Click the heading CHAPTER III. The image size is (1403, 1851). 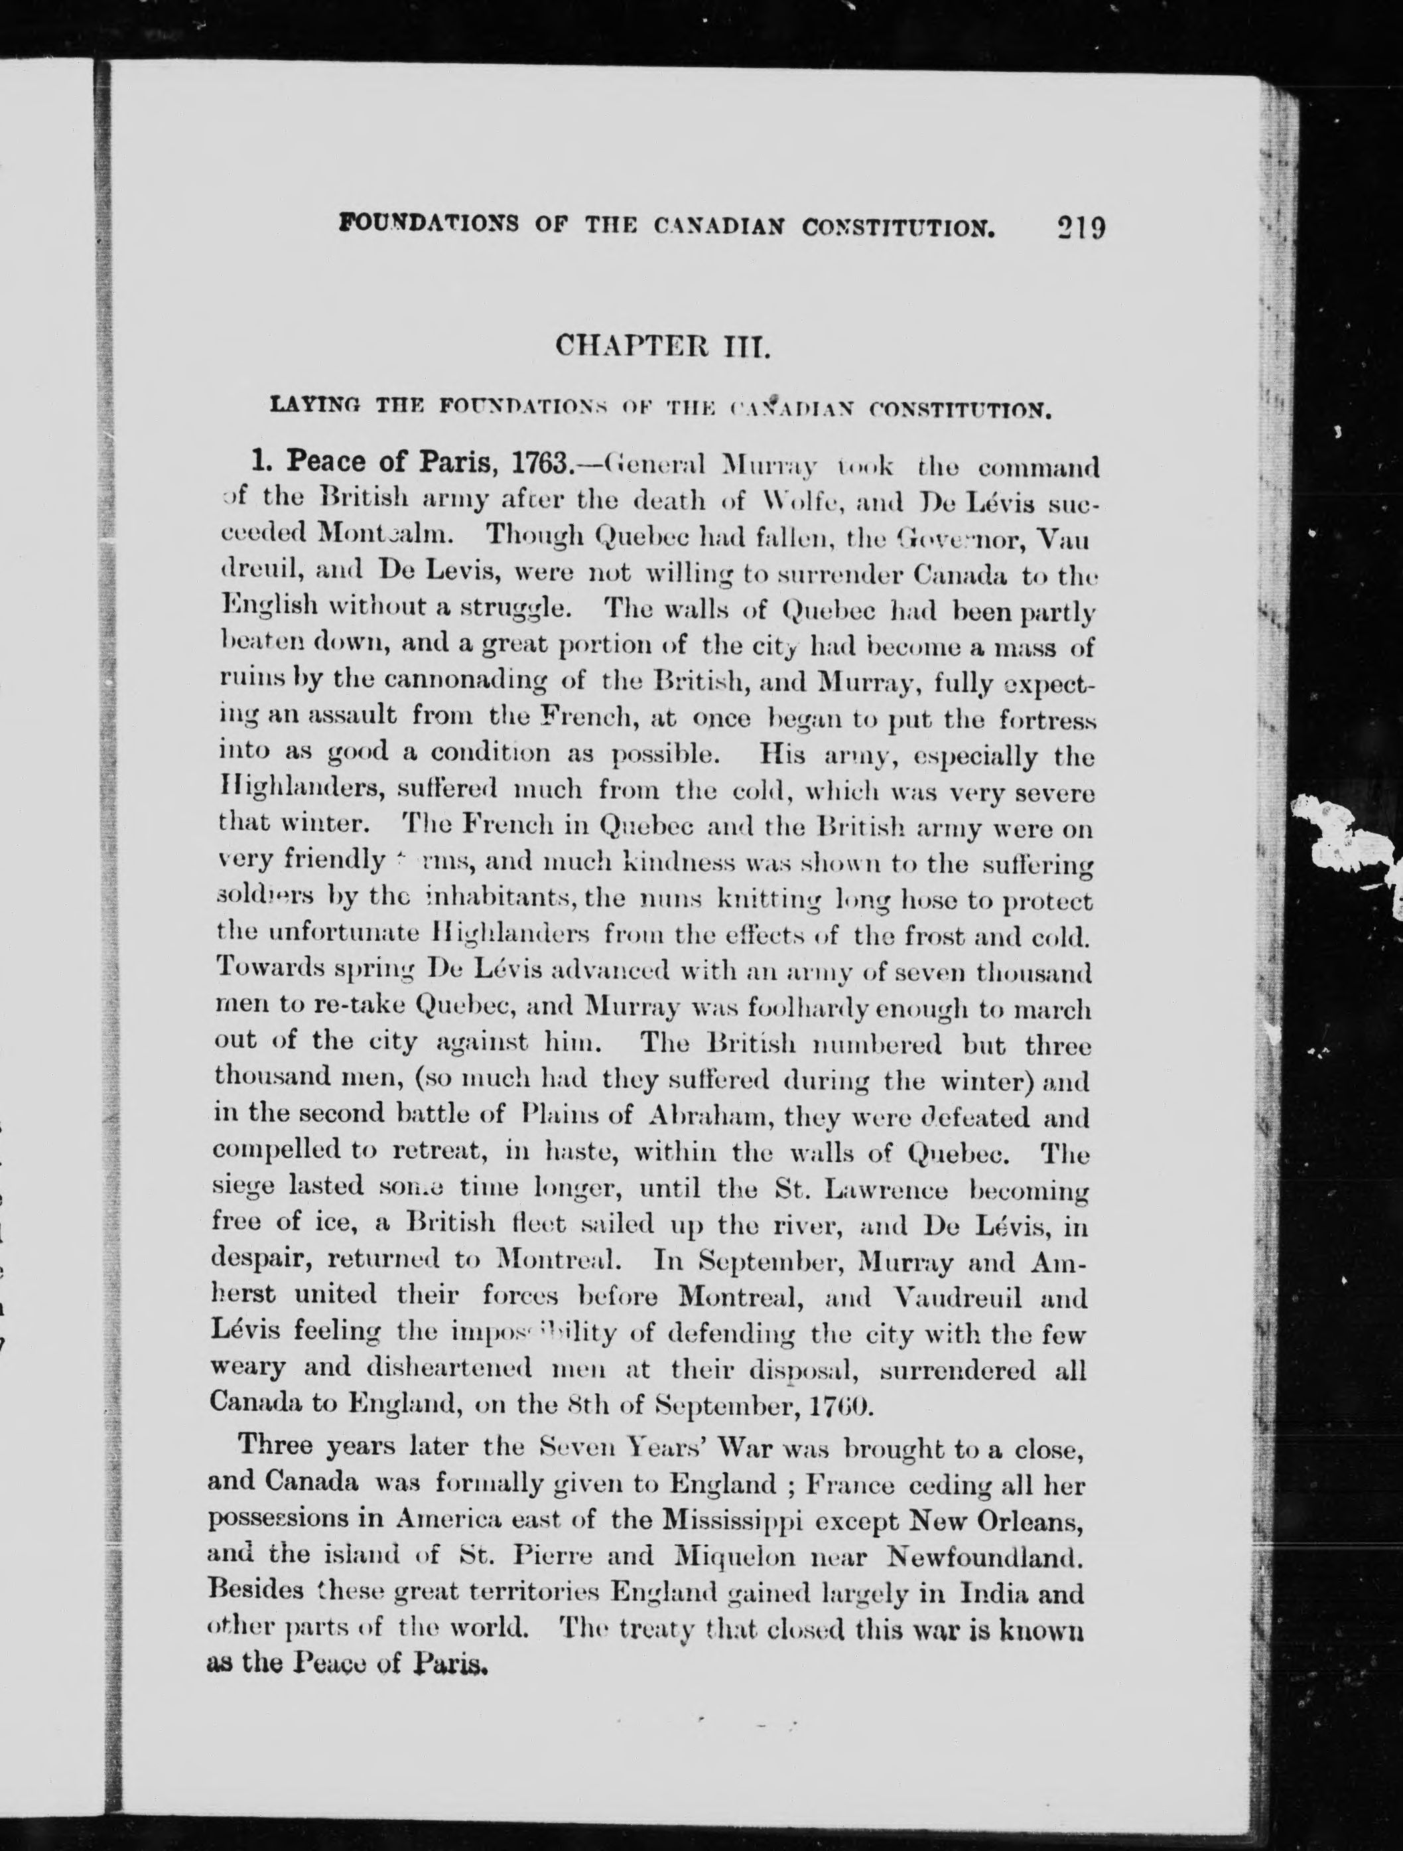(x=662, y=346)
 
